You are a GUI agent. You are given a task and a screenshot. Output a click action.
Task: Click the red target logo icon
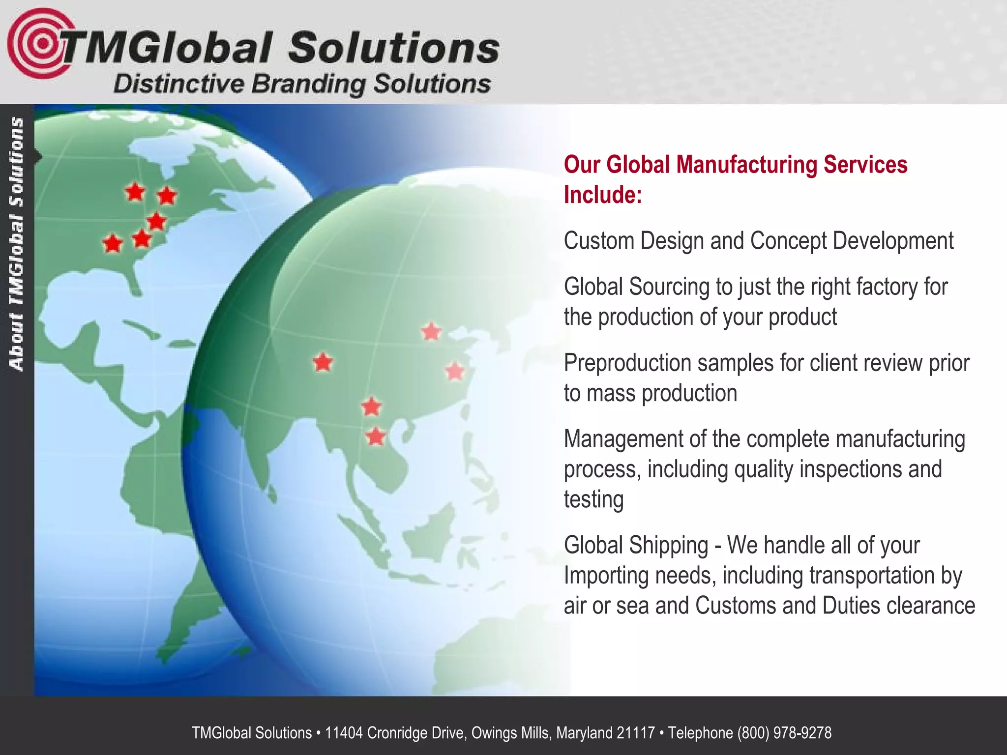pyautogui.click(x=37, y=43)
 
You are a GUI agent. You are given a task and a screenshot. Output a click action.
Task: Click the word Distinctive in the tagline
pyautogui.click(x=178, y=84)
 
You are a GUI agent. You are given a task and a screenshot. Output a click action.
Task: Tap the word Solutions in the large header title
pyautogui.click(x=393, y=48)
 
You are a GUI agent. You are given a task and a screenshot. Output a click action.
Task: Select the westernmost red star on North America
pyautogui.click(x=113, y=243)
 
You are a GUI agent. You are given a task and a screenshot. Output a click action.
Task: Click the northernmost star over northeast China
pyautogui.click(x=431, y=332)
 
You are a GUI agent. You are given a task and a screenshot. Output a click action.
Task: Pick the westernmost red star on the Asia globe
pyautogui.click(x=323, y=363)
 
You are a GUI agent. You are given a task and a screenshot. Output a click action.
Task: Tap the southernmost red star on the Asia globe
pyautogui.click(x=376, y=436)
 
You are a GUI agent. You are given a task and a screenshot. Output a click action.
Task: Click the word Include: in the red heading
pyautogui.click(x=603, y=195)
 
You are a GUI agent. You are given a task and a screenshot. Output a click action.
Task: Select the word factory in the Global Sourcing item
pyautogui.click(x=886, y=287)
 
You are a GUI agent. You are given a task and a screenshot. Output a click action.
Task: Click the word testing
pyautogui.click(x=593, y=499)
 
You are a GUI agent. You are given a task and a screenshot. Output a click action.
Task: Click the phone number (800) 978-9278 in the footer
pyautogui.click(x=784, y=733)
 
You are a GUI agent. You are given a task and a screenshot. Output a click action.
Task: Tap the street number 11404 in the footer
pyautogui.click(x=344, y=733)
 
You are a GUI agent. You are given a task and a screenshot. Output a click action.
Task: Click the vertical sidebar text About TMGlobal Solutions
pyautogui.click(x=17, y=243)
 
